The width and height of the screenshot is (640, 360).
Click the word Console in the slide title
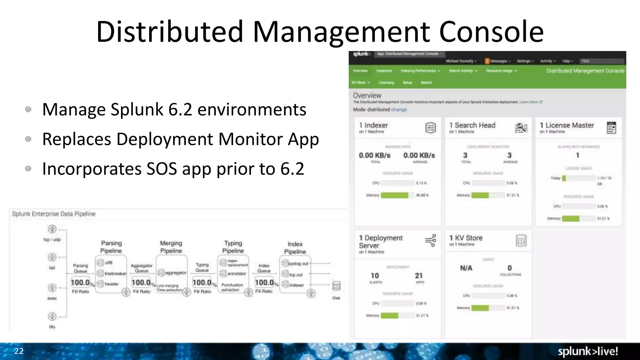point(491,32)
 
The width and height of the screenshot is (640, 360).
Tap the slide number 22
point(19,351)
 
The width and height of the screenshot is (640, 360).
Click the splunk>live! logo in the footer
point(588,351)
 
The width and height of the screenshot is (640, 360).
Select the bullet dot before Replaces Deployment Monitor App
point(28,139)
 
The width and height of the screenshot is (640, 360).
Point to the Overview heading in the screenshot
point(367,95)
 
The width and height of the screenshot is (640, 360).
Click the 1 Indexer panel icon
point(430,128)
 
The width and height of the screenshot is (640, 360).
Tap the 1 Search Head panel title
point(472,125)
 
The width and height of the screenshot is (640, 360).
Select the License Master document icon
point(611,128)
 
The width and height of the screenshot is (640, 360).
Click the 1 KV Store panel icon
point(521,241)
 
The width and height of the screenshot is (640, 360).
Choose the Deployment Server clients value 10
point(375,276)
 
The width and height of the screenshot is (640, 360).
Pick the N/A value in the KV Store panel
point(466,268)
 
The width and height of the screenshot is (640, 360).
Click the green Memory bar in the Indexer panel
point(394,195)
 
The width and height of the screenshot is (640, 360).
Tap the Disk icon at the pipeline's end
point(336,286)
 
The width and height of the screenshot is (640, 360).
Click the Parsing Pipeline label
point(111,247)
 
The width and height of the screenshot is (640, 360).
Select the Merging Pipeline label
point(171,247)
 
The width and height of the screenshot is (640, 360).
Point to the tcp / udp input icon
point(52,229)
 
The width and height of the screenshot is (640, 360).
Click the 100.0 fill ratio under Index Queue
point(264,282)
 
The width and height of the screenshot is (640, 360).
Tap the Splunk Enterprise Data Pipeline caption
point(54,214)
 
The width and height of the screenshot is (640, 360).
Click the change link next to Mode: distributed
point(399,110)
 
